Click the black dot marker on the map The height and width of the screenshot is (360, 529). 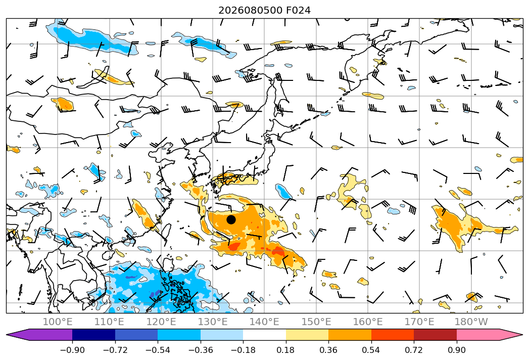[231, 219]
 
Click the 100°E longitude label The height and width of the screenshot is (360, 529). [58, 322]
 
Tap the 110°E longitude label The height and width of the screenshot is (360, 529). [109, 322]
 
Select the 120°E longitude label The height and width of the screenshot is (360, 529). [161, 322]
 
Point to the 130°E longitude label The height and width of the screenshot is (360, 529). [213, 322]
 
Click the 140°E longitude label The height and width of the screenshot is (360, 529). [264, 322]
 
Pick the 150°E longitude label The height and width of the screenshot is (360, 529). [316, 322]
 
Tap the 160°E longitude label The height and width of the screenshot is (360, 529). [368, 322]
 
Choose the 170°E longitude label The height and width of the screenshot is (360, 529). [419, 322]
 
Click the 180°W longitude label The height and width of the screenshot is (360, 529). [471, 322]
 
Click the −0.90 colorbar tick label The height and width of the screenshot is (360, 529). [72, 350]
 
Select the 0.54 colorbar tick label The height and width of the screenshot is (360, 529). [371, 350]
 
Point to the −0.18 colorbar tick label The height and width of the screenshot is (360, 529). [243, 350]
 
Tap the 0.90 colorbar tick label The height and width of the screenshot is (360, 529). [456, 350]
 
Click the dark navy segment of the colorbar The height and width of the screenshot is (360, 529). [94, 334]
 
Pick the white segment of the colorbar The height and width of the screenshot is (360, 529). [265, 334]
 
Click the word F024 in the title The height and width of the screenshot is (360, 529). [298, 10]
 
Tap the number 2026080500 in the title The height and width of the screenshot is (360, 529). [250, 10]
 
